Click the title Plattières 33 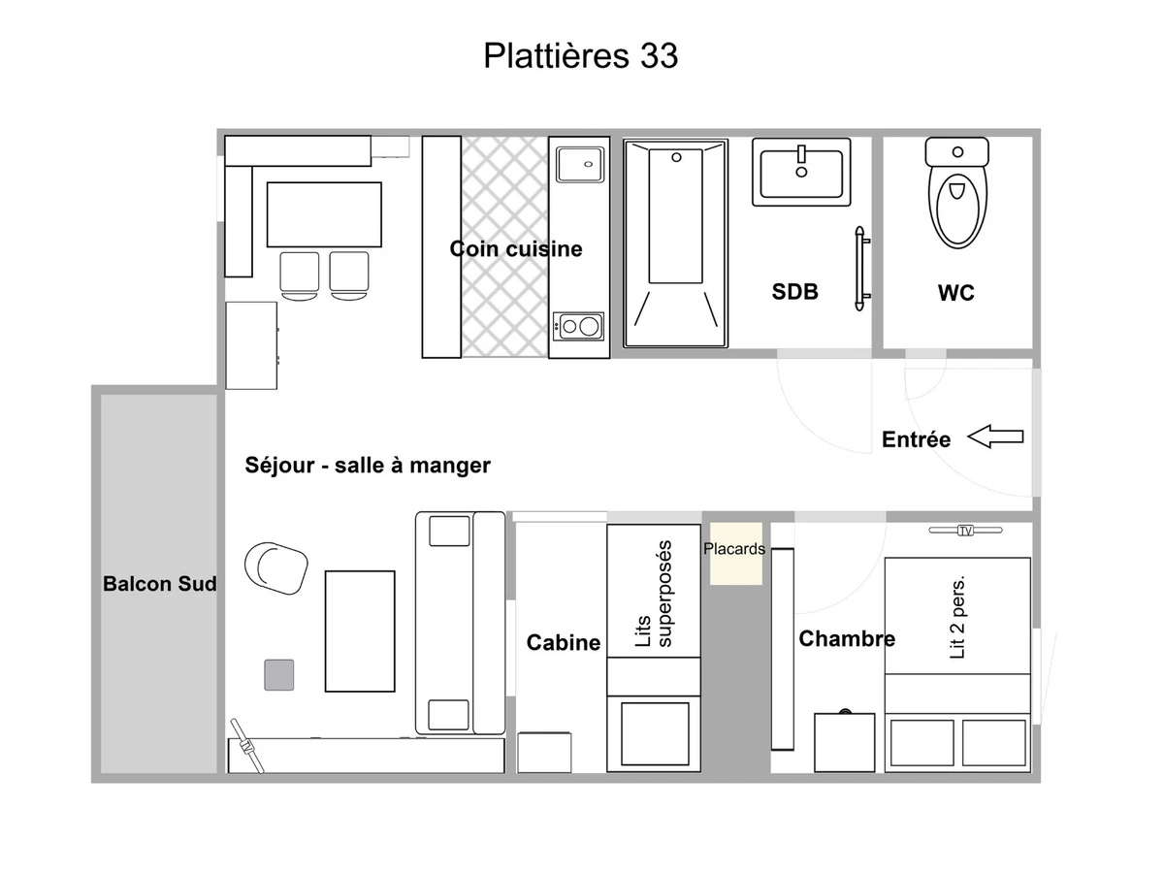580,55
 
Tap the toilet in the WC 957,192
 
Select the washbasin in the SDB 801,173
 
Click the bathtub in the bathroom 675,243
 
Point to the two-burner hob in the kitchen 578,326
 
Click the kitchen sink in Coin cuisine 580,165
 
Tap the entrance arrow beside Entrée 995,436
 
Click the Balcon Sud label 160,584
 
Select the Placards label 734,549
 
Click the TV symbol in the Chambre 965,530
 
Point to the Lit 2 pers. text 957,618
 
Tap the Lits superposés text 654,594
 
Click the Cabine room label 564,642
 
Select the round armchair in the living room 275,568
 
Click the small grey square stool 279,675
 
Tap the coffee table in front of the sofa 360,631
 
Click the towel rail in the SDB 860,269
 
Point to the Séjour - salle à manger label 368,466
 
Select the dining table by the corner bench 324,214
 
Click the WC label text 956,293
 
